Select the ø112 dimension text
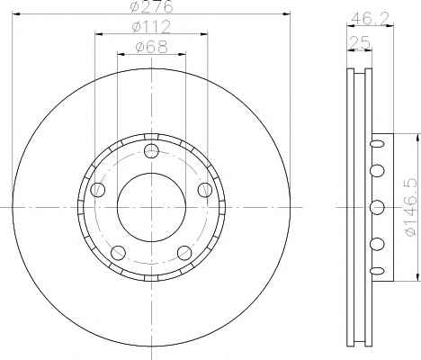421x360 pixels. coord(151,27)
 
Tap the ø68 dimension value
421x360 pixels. coord(151,47)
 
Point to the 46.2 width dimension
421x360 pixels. coord(370,18)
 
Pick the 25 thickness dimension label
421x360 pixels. coord(360,43)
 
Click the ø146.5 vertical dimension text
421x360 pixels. coord(410,207)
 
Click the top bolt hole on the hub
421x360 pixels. coord(151,150)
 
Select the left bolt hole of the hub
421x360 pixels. coord(98,190)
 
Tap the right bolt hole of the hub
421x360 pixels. coord(205,190)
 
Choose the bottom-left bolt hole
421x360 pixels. coord(118,253)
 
